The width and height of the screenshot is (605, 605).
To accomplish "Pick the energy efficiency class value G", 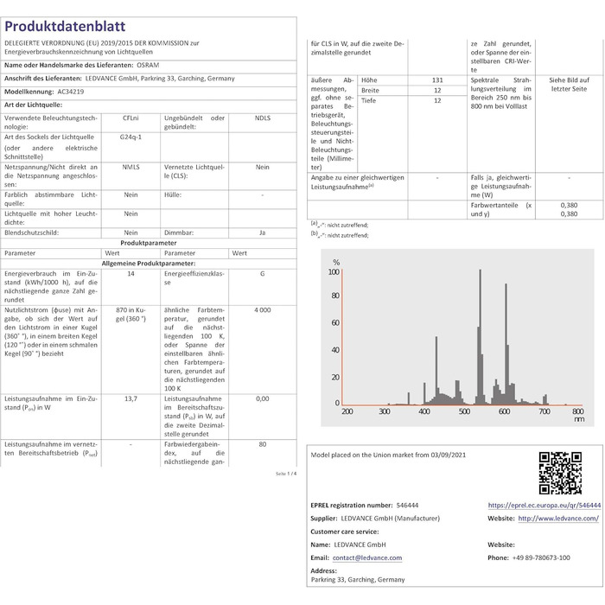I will (262, 273).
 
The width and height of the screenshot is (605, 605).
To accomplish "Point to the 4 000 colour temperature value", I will (262, 309).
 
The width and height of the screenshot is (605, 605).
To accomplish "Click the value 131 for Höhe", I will (437, 80).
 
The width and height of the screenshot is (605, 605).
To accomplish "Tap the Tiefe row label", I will (370, 101).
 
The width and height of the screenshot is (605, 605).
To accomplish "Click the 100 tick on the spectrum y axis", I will (334, 271).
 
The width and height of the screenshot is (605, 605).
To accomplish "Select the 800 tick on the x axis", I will (578, 411).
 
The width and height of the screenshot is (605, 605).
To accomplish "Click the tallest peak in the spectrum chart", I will (479, 272).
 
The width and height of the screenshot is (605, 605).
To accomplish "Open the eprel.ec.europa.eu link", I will (544, 505).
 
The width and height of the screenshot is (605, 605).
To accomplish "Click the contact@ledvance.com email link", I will (367, 557).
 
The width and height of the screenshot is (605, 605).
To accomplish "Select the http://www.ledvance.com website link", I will (559, 518).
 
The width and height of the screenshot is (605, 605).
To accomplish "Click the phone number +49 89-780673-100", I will (554, 557).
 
